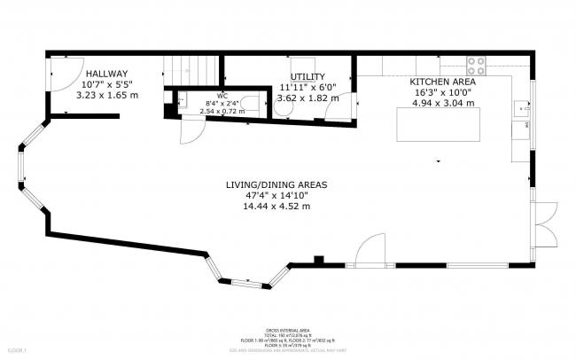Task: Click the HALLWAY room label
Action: pyautogui.click(x=107, y=74)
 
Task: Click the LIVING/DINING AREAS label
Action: pyautogui.click(x=276, y=184)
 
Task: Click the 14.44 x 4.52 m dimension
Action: pyautogui.click(x=276, y=206)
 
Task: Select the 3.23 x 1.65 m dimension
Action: pyautogui.click(x=107, y=95)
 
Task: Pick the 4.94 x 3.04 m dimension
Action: pyautogui.click(x=441, y=102)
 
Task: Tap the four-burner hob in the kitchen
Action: pyautogui.click(x=477, y=65)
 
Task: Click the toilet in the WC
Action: pyautogui.click(x=253, y=104)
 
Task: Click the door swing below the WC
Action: pyautogui.click(x=190, y=130)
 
